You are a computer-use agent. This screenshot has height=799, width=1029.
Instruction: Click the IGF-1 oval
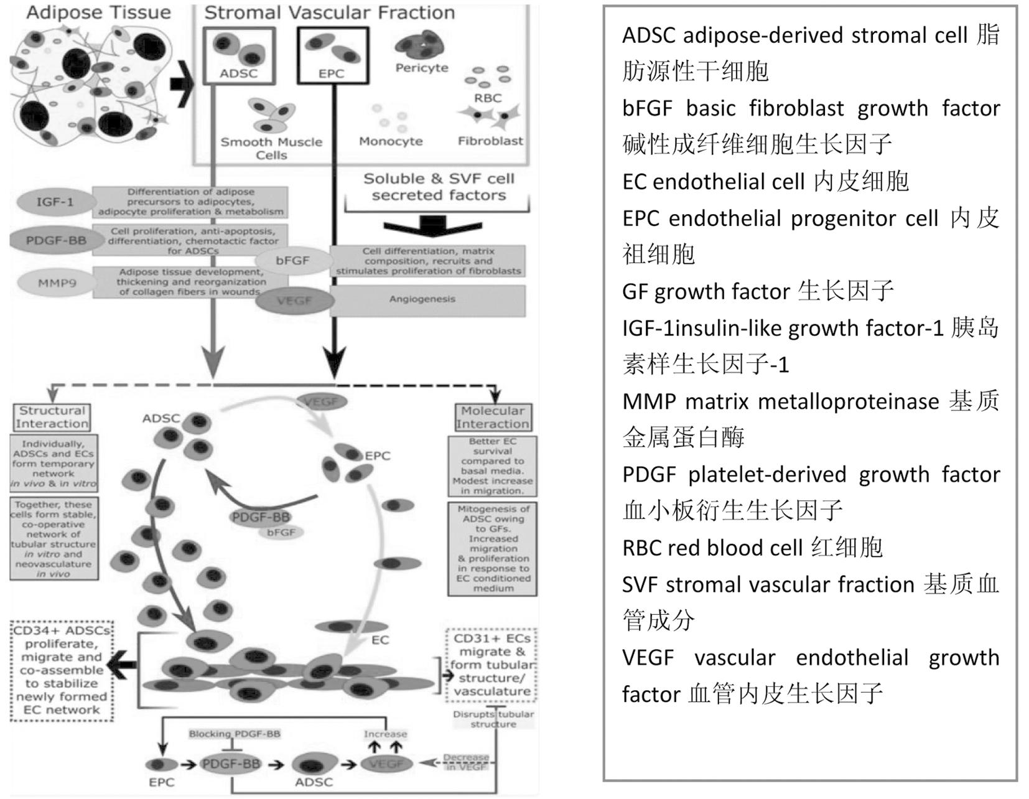pos(55,202)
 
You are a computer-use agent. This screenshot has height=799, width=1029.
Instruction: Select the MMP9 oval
pos(57,283)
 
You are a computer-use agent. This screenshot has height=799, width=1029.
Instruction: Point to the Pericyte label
pos(422,68)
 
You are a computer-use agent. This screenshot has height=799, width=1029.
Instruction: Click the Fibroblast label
pos(490,141)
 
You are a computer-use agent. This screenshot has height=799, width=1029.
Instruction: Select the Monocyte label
pos(391,141)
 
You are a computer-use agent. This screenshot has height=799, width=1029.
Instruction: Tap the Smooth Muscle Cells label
pos(271,148)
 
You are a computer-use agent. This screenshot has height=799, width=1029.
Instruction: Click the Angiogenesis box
pos(427,300)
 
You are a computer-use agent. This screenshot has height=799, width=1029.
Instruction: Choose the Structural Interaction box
pos(52,417)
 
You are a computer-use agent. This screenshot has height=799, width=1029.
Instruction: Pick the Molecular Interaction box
pos(493,417)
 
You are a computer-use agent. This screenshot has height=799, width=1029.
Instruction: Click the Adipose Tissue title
pos(98,12)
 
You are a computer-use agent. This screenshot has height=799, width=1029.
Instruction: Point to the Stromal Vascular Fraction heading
pos(330,12)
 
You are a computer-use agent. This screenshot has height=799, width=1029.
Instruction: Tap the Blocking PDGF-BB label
pos(235,734)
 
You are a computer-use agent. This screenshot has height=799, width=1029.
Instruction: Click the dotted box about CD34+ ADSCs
pos(62,670)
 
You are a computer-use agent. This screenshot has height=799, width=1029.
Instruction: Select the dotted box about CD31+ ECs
pos(492,665)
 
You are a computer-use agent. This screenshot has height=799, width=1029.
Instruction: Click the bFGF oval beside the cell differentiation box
pos(292,261)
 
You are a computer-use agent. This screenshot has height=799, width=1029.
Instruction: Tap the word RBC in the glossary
pos(641,548)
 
